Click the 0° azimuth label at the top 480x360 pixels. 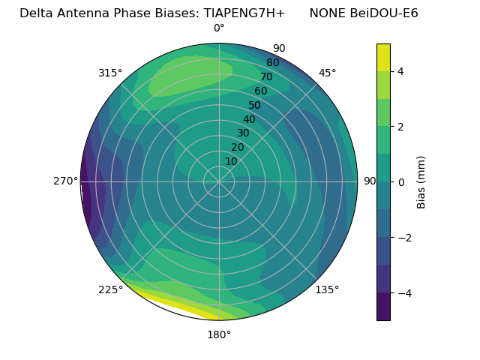(219, 28)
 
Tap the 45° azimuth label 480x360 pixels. (327, 73)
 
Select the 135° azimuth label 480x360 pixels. (327, 289)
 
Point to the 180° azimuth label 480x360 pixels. (219, 334)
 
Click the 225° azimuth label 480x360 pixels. (110, 289)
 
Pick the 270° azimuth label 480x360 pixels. (65, 181)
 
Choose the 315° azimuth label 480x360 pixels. (110, 73)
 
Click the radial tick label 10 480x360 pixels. (232, 161)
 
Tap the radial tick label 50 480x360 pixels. (255, 105)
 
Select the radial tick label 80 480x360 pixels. (272, 63)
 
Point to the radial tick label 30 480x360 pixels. (243, 133)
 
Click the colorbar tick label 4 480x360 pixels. (401, 71)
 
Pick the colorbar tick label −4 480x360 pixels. (404, 292)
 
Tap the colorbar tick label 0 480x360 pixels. (401, 181)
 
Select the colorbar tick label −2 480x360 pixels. (404, 237)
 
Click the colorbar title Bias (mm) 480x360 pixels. (421, 181)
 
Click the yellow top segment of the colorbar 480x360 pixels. (383, 57)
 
